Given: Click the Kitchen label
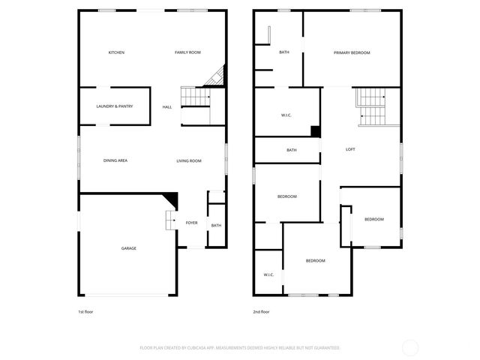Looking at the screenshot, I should pos(116,52).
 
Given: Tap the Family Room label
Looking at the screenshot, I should pos(187,52).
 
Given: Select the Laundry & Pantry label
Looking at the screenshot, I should pos(114,106).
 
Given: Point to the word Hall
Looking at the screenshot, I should pos(167,106).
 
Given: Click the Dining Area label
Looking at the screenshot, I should pos(115,160).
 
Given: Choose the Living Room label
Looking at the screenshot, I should pos(189,160).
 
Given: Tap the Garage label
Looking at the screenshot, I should pos(129,247).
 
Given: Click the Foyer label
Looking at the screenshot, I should pos(192,223).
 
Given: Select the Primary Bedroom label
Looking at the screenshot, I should pos(352,52).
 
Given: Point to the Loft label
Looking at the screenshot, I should pos(350,149).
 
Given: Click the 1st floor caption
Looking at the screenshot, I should pos(85,311).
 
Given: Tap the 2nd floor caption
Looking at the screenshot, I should pos(261,311).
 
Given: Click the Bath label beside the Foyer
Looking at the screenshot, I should pos(216,226).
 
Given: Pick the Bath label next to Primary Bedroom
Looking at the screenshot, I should pos(284,52).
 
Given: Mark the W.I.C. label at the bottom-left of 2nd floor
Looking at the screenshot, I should pos(268,275).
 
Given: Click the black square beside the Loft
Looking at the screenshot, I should pos(316,131).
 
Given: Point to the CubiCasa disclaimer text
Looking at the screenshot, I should pos(240,348).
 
